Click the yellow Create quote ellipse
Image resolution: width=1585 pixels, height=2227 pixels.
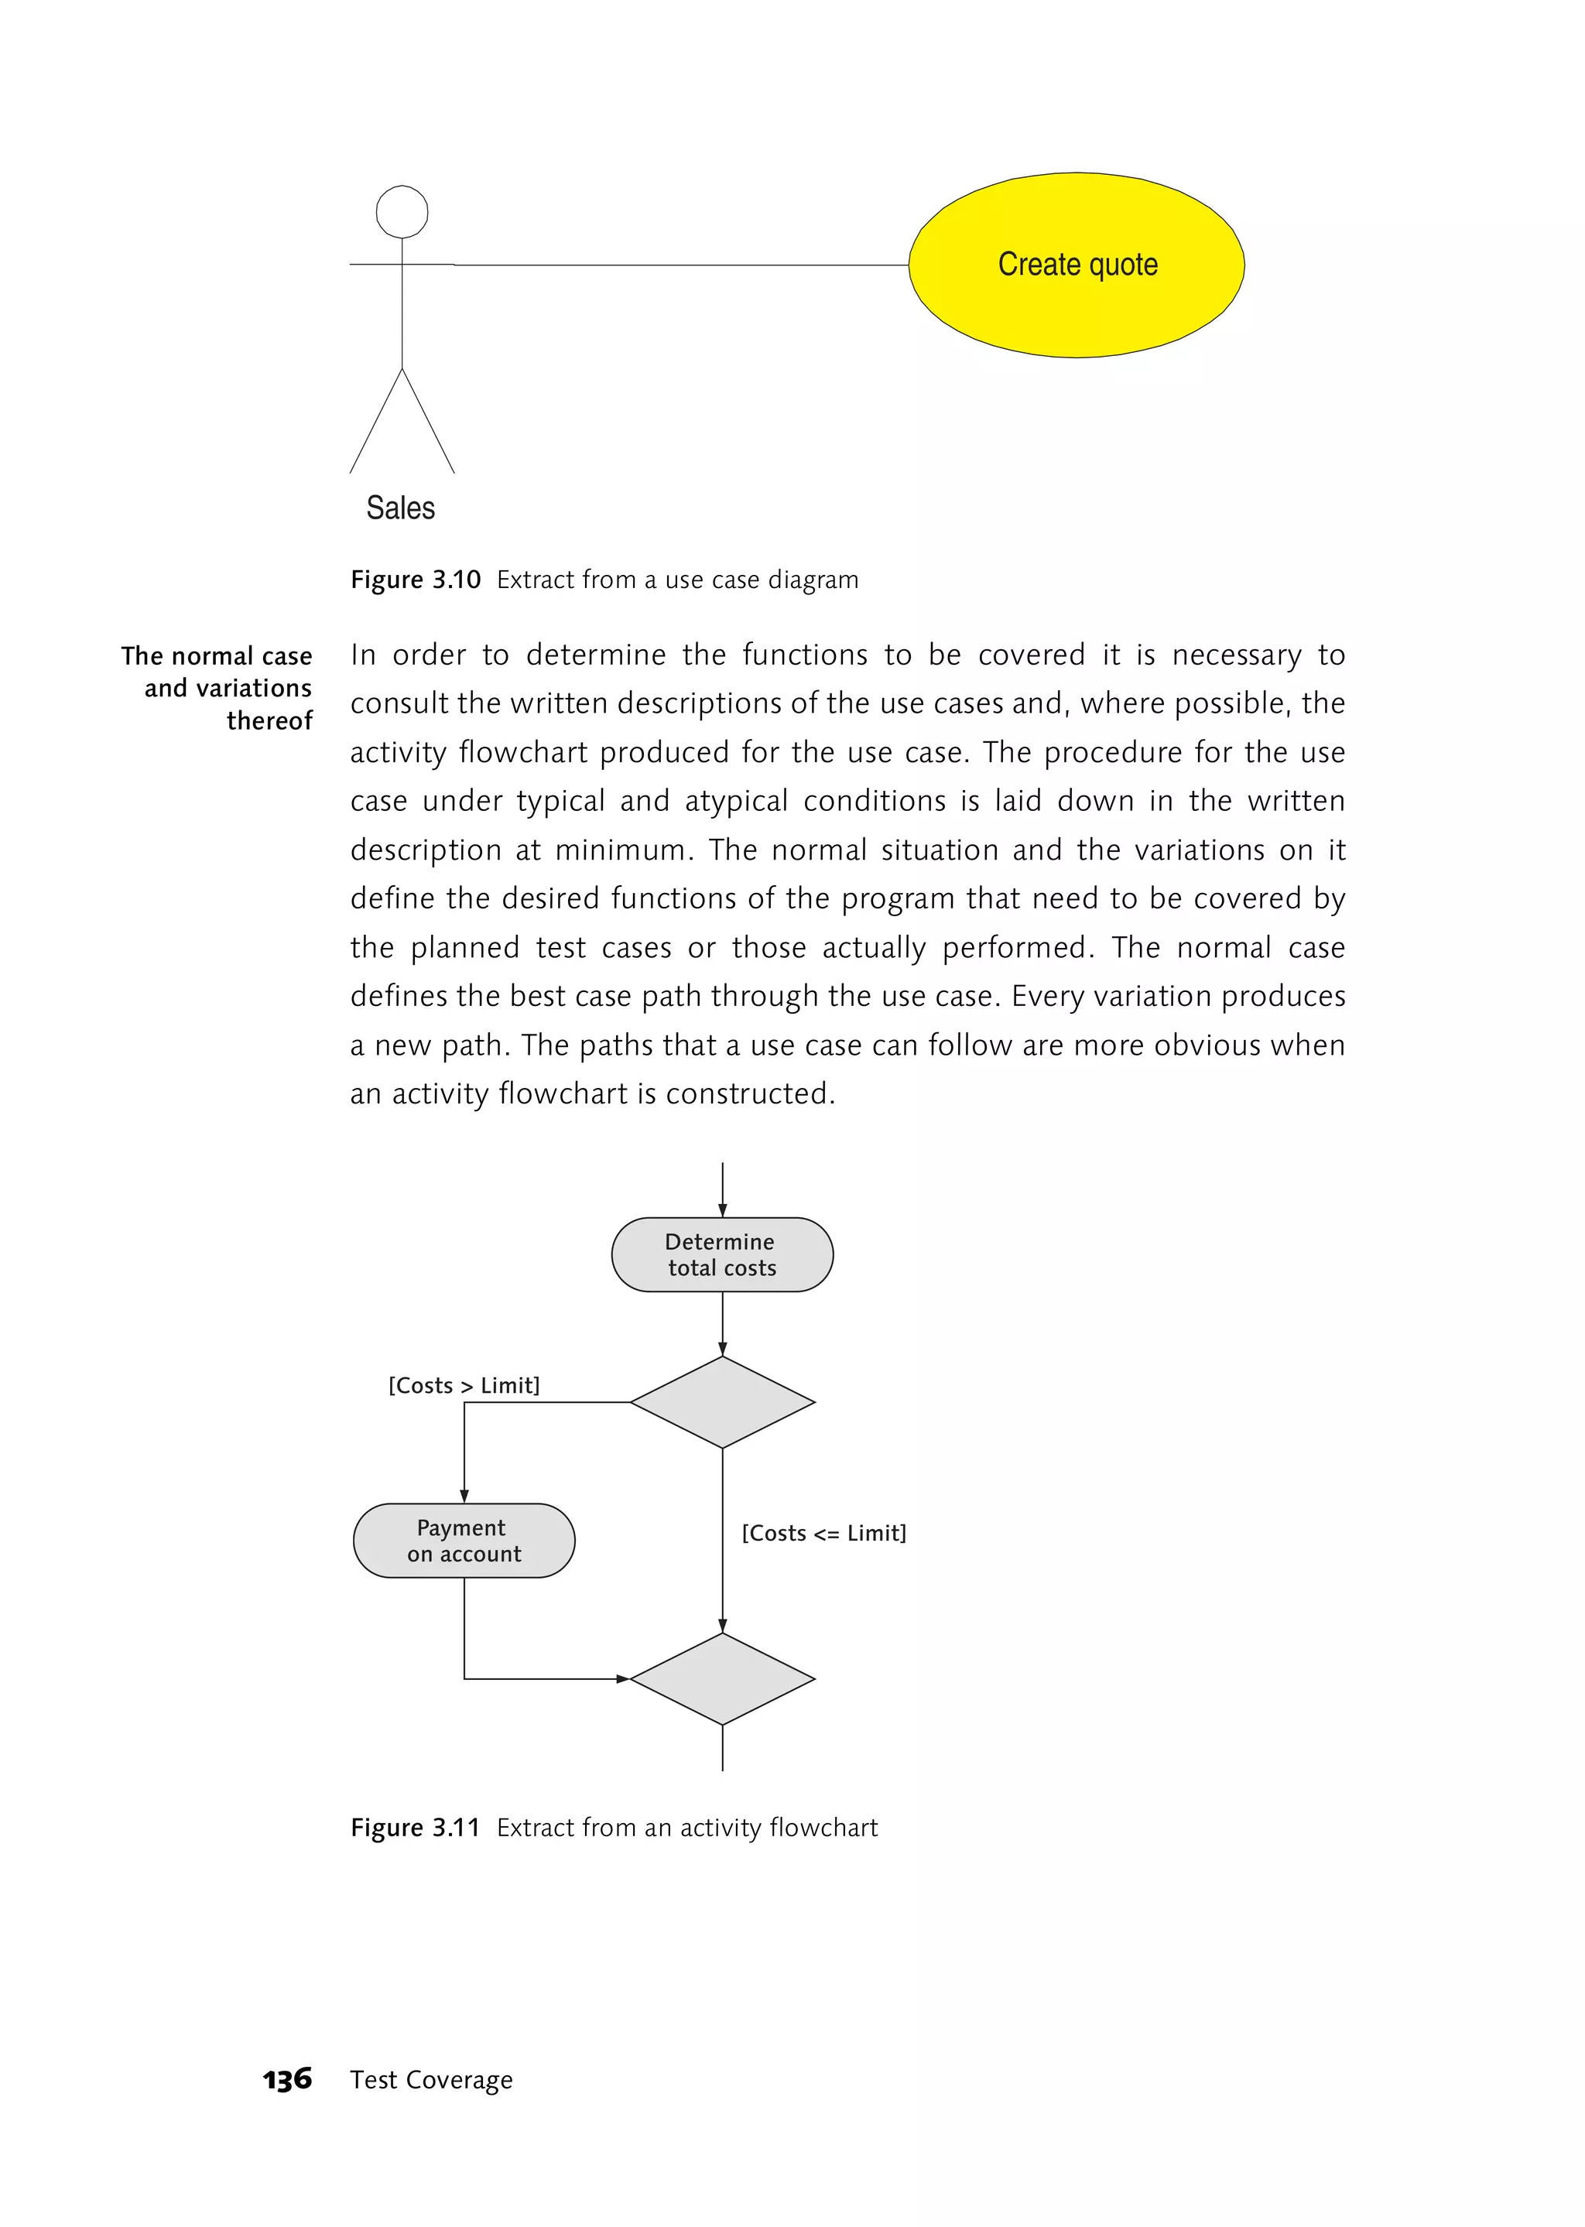coord(1076,265)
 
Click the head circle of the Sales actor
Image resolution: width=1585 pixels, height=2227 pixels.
coord(402,212)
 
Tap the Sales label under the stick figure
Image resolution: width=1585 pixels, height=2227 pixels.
coord(400,508)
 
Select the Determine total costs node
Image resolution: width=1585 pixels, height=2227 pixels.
coord(722,1254)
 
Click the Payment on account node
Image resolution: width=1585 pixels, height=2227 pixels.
coord(464,1540)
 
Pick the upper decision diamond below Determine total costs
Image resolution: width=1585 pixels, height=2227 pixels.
coord(722,1401)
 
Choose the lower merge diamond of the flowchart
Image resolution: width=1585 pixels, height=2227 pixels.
coord(722,1678)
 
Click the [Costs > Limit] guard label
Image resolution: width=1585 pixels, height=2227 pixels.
coord(464,1385)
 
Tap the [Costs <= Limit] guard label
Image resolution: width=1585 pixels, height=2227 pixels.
coord(823,1532)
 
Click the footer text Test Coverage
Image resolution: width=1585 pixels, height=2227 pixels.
coord(431,2080)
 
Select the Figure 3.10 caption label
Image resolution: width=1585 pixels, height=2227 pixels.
coord(416,580)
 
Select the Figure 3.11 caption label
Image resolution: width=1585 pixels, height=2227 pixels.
coord(415,1827)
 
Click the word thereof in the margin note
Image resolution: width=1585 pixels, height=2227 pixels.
coord(269,720)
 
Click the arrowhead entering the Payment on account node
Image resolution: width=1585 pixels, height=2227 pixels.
coord(464,1496)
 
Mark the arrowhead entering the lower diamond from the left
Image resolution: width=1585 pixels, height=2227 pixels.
coord(623,1678)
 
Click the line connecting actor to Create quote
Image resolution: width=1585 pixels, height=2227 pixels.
coord(683,265)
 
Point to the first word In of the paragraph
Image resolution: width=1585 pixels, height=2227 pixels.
coord(363,655)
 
